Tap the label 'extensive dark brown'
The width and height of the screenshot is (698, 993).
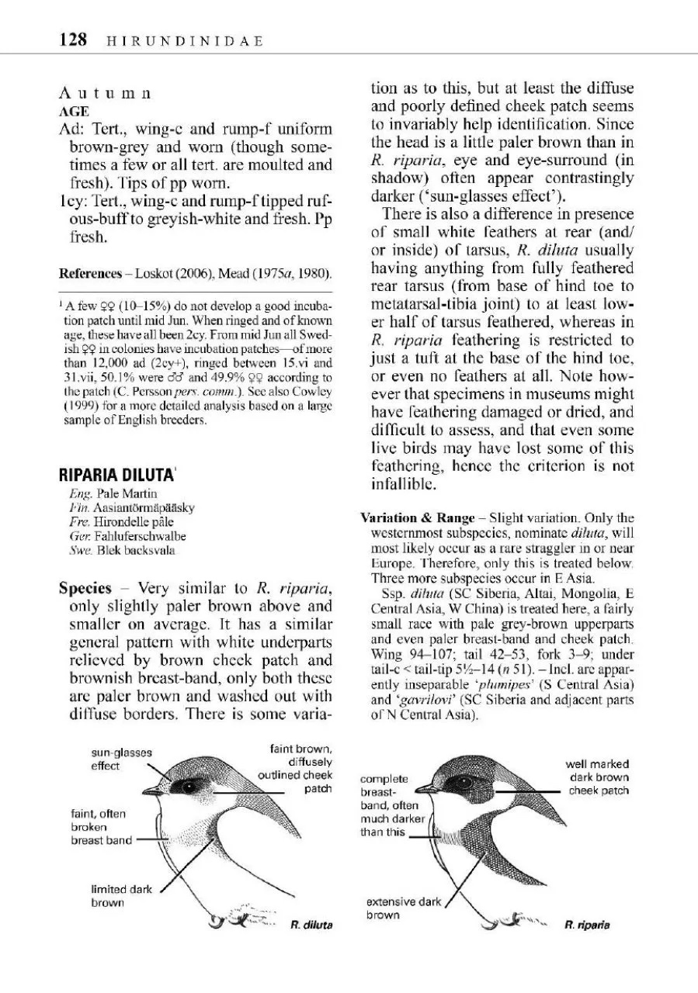coord(403,908)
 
